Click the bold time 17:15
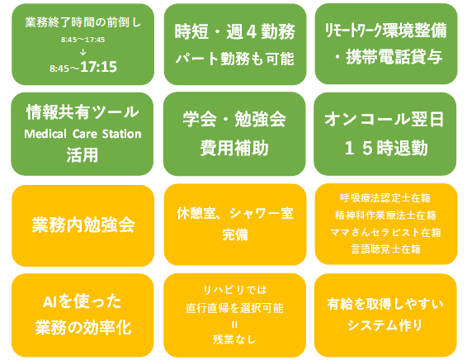point(98,67)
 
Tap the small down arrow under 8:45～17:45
point(83,52)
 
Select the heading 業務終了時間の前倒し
point(83,22)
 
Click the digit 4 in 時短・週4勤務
point(252,32)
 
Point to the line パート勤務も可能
point(234,59)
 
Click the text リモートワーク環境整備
point(385,30)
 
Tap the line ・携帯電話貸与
point(388,57)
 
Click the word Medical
point(45,134)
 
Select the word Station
point(121,134)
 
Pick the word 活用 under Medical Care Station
point(83,155)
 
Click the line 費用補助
point(234,148)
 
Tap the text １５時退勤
point(386,148)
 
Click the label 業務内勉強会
point(83,225)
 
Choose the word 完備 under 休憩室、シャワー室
point(235,234)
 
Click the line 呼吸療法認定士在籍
point(385,198)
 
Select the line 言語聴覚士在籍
point(385,249)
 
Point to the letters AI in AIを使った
point(50,302)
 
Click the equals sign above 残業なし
point(234,324)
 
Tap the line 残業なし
point(234,339)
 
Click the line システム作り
point(384,324)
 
